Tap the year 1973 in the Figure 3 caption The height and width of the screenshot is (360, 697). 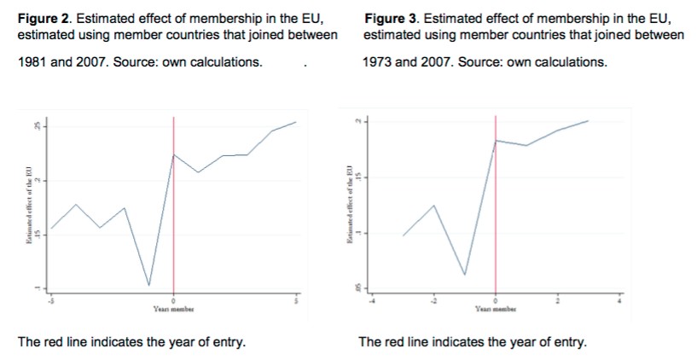pyautogui.click(x=379, y=62)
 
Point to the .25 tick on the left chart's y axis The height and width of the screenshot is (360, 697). pyautogui.click(x=37, y=127)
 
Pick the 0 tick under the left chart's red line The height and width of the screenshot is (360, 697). pyautogui.click(x=174, y=301)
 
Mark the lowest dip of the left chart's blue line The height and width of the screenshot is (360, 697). pyautogui.click(x=149, y=285)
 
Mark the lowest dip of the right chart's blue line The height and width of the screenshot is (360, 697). pyautogui.click(x=465, y=275)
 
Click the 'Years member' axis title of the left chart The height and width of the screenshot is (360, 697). pyautogui.click(x=174, y=310)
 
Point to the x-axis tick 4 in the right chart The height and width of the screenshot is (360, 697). pyautogui.click(x=620, y=301)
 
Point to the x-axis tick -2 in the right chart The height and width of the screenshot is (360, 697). pyautogui.click(x=433, y=301)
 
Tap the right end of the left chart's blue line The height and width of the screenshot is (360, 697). pyautogui.click(x=296, y=122)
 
